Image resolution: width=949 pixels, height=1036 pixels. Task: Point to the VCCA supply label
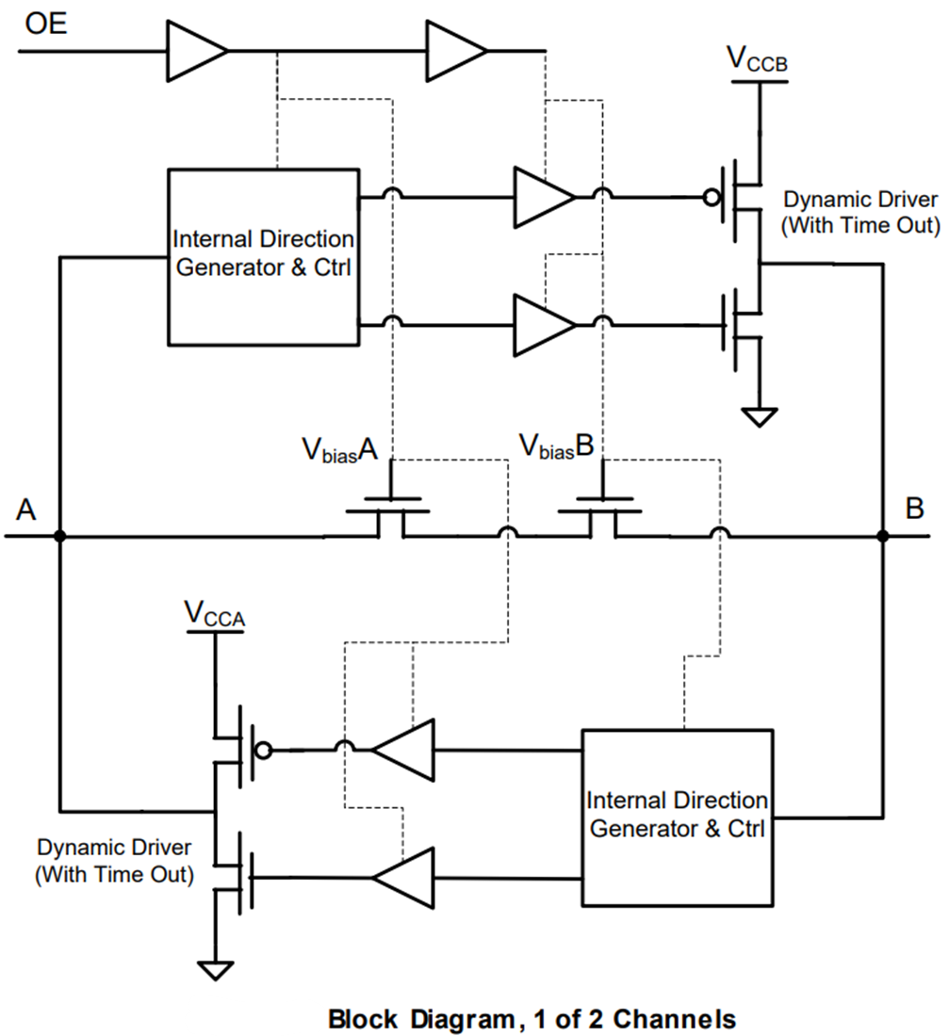point(216,614)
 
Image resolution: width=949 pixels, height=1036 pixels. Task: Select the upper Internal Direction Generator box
point(264,256)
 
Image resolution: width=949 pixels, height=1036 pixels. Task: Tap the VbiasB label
point(557,447)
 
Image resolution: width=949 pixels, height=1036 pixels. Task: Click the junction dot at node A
point(59,537)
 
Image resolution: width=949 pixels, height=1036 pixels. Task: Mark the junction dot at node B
point(883,537)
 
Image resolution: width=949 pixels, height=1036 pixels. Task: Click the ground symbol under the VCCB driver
point(760,415)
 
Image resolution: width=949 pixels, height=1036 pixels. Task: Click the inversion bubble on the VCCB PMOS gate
point(712,199)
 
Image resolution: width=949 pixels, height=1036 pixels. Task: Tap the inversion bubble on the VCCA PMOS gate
point(265,751)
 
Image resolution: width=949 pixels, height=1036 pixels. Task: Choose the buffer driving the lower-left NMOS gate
point(403,878)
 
